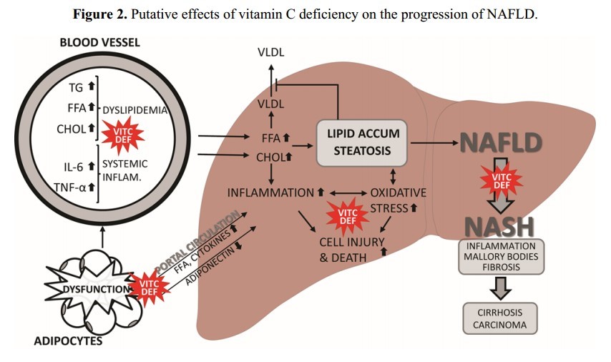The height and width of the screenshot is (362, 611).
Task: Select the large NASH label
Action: click(x=499, y=226)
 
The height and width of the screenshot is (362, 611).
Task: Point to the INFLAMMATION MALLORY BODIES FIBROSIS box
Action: click(x=500, y=255)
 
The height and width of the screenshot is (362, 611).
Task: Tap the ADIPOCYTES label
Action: click(x=69, y=341)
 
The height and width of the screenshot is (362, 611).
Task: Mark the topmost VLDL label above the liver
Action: click(x=270, y=54)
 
